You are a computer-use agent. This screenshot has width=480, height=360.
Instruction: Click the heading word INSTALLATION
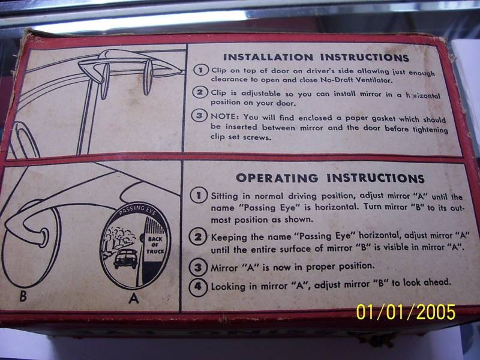(268, 57)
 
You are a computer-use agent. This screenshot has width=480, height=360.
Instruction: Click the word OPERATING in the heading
(277, 178)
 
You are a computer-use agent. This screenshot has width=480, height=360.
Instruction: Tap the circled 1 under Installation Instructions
(200, 70)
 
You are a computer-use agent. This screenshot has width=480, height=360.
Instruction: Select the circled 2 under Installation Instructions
(200, 92)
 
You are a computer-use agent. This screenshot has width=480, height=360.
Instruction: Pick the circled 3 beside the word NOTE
(199, 116)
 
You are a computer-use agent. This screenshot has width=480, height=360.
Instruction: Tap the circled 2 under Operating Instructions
(198, 236)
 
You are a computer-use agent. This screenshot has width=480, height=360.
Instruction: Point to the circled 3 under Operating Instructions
(198, 268)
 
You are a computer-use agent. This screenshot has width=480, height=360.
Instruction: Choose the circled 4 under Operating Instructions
(198, 287)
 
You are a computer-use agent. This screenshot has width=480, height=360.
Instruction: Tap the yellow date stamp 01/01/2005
(406, 312)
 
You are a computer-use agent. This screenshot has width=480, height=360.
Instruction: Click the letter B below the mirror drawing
(23, 296)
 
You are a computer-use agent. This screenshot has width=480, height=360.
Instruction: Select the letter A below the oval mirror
(134, 298)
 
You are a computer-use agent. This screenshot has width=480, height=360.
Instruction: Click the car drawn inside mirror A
(125, 259)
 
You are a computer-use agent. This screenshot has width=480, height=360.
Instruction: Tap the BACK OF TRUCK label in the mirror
(155, 245)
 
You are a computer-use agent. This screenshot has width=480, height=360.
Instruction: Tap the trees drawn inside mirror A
(119, 237)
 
